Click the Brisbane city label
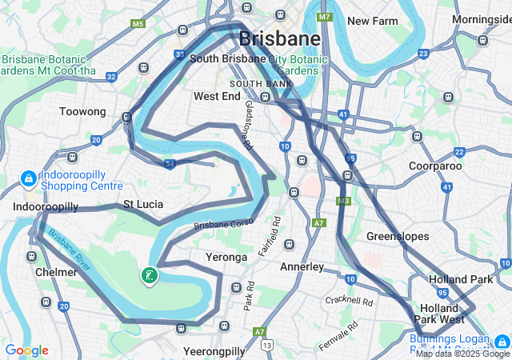click(279, 38)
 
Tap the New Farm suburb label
click(372, 21)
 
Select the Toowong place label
click(82, 112)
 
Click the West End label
click(217, 96)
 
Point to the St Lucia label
click(143, 204)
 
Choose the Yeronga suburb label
click(226, 257)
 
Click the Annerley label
click(302, 266)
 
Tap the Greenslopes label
click(398, 236)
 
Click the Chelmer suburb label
click(56, 272)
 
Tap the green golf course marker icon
click(149, 276)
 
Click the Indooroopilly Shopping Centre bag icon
click(28, 177)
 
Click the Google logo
click(26, 350)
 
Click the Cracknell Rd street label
click(349, 301)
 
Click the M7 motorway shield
click(324, 16)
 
